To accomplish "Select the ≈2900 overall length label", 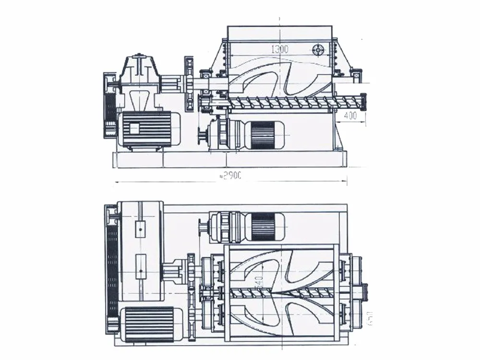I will coord(230,176).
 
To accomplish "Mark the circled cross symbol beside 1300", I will coord(318,49).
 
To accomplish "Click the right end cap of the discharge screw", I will coord(363,101).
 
